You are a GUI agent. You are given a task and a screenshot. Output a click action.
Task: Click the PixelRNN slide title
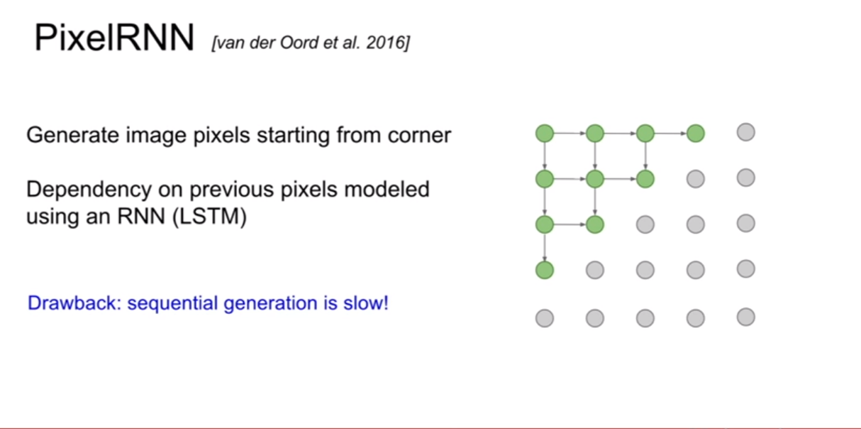pos(114,38)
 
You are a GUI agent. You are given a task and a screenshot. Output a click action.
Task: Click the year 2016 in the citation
pos(385,43)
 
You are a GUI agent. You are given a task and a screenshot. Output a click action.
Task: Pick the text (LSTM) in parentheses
pos(209,216)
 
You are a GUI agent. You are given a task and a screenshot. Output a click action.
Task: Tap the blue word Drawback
pos(74,303)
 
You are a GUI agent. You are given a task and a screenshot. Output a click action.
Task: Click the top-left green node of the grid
pos(545,134)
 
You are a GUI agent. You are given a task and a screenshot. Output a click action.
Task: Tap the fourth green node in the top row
pos(695,134)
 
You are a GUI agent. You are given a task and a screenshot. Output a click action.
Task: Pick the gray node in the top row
pos(746,133)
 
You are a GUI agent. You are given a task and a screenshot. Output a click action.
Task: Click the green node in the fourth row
pos(545,270)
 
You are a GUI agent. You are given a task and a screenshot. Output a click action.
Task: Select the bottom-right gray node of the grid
pos(746,317)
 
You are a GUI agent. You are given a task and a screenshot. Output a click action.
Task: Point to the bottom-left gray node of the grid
pos(545,318)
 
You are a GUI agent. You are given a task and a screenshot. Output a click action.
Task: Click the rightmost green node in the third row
pos(595,224)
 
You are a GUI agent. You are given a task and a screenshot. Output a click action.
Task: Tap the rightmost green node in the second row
pos(645,179)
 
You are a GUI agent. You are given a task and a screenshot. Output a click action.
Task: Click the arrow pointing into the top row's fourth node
pos(670,134)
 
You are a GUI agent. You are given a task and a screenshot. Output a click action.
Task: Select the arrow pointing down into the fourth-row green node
pos(545,247)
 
